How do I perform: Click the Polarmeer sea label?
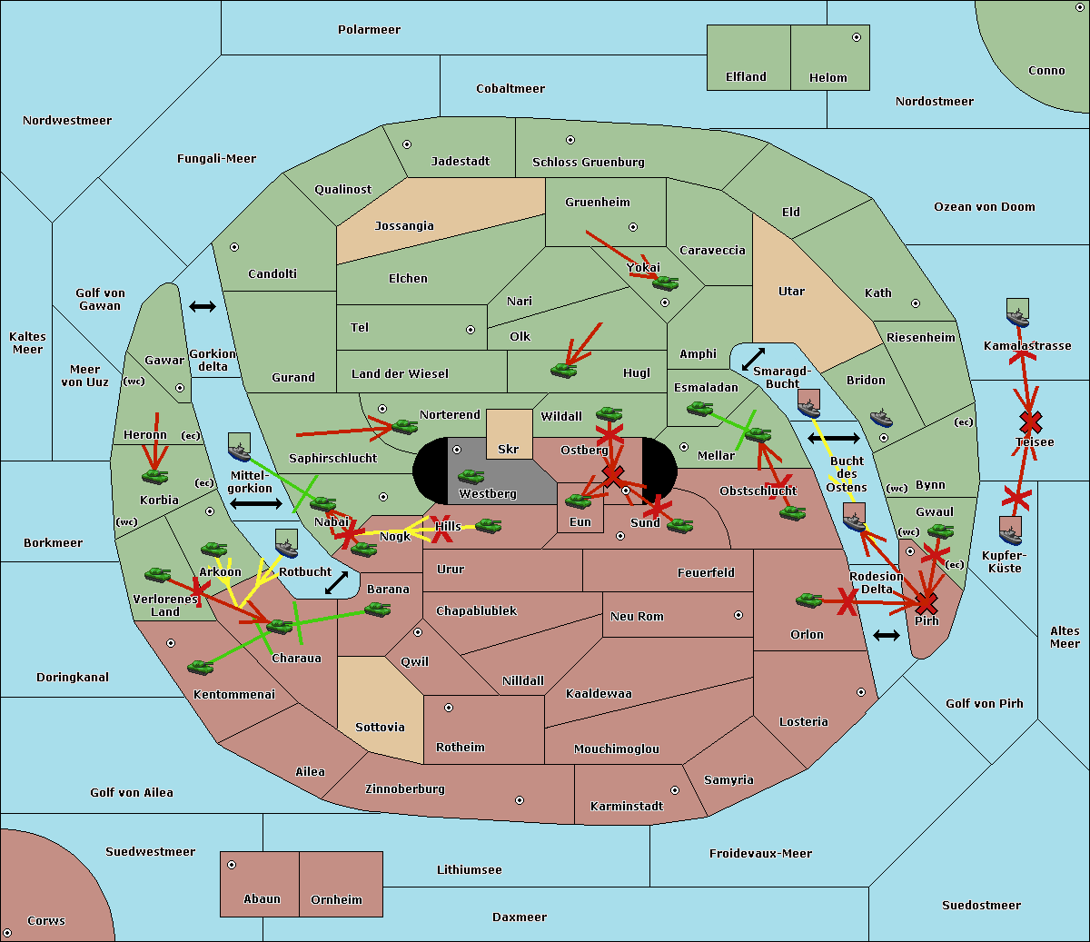[x=369, y=30]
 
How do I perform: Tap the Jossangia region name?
[x=404, y=226]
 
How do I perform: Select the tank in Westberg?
[x=471, y=476]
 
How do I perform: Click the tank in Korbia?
[x=155, y=477]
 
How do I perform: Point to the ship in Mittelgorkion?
[x=240, y=448]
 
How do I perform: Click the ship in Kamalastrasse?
[x=1017, y=312]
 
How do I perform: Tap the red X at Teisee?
[x=1031, y=422]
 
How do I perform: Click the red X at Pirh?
[x=926, y=603]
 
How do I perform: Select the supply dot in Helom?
[x=857, y=37]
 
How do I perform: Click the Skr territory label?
[x=508, y=449]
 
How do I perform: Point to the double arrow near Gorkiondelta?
[x=203, y=306]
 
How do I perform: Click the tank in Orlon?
[x=809, y=600]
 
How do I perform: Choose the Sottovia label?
[x=380, y=728]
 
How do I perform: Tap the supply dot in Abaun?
[x=232, y=865]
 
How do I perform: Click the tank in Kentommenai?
[x=201, y=667]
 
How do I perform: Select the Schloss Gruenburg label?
[x=589, y=163]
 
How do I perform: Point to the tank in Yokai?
[x=666, y=283]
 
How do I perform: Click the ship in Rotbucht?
[x=287, y=544]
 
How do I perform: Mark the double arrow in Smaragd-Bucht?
[x=754, y=359]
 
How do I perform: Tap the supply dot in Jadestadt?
[x=407, y=144]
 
